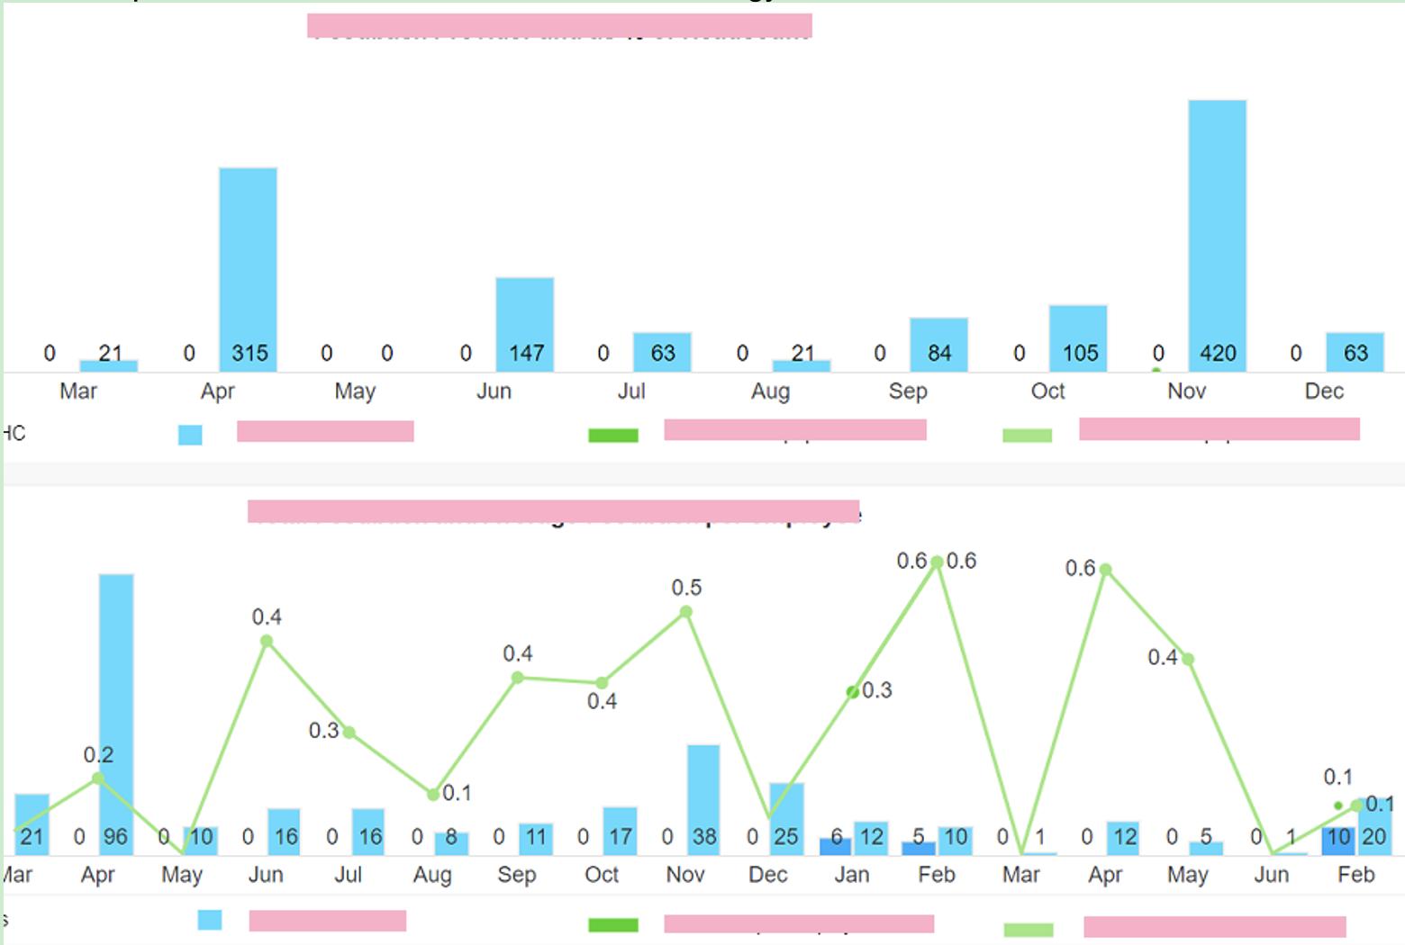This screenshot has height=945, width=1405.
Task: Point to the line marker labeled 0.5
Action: (686, 612)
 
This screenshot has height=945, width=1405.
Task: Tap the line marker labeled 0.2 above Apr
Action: (98, 778)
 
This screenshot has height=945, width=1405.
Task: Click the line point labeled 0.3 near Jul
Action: (349, 732)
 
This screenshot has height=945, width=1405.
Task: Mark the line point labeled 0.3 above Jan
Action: (852, 692)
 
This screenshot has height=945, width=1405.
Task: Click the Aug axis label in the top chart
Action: (770, 391)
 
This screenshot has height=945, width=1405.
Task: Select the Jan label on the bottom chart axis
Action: (851, 875)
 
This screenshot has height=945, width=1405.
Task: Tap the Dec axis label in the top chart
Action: (1324, 391)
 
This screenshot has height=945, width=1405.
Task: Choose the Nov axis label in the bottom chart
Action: (685, 875)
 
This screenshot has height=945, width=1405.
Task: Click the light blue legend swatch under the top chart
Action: (190, 435)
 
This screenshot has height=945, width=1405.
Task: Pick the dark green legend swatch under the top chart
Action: (613, 436)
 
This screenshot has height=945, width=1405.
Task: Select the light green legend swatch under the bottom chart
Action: (1028, 930)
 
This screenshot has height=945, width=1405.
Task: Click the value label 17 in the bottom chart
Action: (620, 837)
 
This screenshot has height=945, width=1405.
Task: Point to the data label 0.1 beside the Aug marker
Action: (457, 793)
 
